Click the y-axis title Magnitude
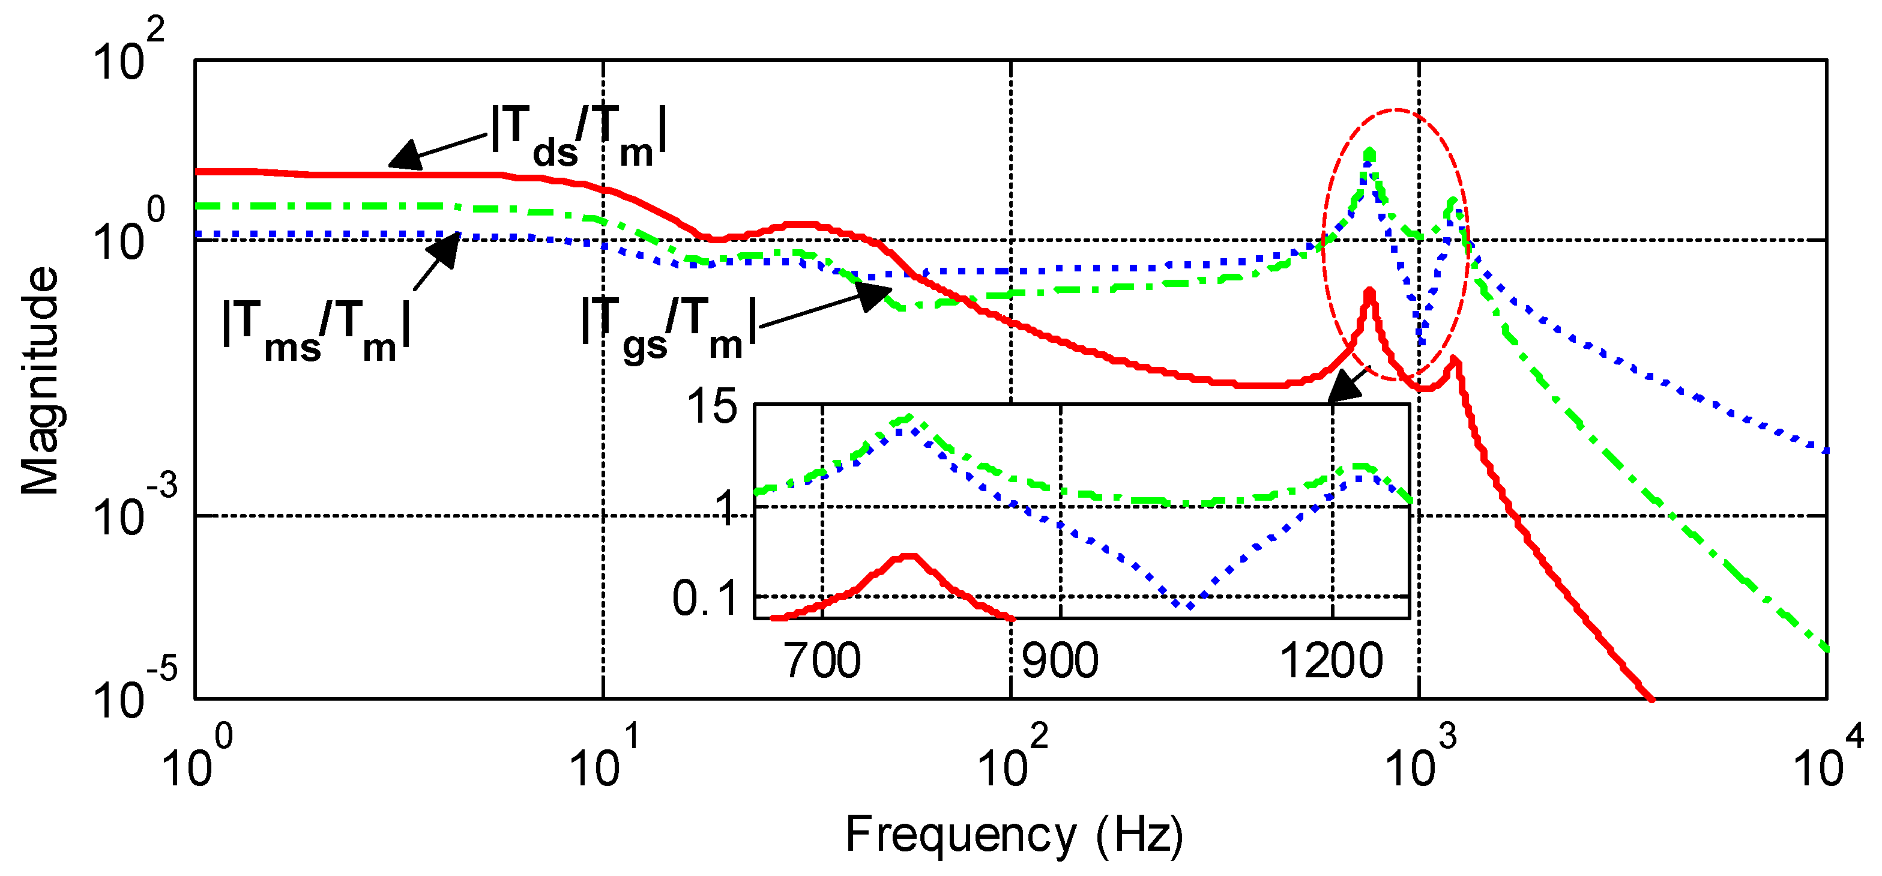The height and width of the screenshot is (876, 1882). pyautogui.click(x=40, y=380)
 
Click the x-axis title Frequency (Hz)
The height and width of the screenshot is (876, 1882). pyautogui.click(x=1014, y=835)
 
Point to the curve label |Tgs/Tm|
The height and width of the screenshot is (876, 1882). pyautogui.click(x=669, y=329)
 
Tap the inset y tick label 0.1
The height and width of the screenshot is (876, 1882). pyautogui.click(x=704, y=599)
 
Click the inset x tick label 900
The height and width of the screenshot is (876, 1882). pyautogui.click(x=1060, y=661)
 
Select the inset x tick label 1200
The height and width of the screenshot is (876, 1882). pyautogui.click(x=1331, y=661)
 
